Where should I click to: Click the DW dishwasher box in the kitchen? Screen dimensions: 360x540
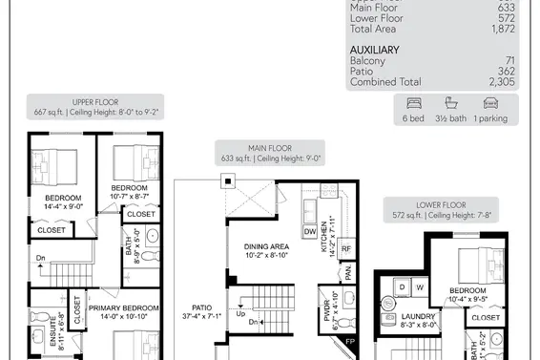(x=309, y=232)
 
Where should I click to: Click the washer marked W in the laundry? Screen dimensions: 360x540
(x=419, y=286)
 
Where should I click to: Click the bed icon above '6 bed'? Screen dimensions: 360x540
(x=413, y=103)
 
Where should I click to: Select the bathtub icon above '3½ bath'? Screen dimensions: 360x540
(x=450, y=103)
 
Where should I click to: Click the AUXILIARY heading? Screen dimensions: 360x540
(x=375, y=50)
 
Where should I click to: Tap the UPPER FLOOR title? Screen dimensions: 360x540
(x=93, y=100)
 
